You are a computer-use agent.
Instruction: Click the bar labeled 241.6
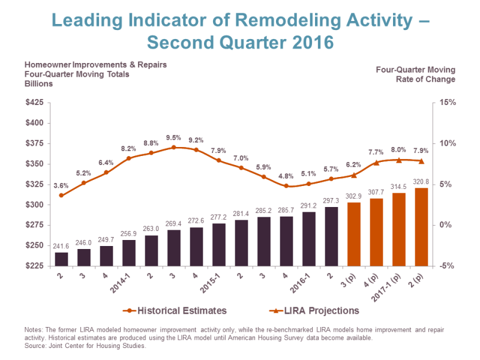[x=61, y=259]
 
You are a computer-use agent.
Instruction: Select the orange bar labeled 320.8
[x=421, y=227]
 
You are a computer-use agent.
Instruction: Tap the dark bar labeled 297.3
[x=331, y=236]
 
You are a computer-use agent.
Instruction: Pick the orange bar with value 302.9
[x=354, y=234]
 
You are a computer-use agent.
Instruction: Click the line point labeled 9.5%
[x=173, y=147]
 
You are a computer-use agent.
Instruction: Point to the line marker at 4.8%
[x=286, y=186]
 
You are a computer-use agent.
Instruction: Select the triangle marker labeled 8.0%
[x=399, y=160]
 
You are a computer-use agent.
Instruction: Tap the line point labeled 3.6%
[x=61, y=196]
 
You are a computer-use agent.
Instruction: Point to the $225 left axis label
[x=35, y=266]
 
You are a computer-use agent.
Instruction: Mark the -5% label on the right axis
[x=447, y=266]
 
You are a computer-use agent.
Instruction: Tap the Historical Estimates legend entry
[x=175, y=311]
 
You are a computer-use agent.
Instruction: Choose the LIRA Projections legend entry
[x=314, y=311]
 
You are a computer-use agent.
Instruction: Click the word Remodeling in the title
[x=288, y=20]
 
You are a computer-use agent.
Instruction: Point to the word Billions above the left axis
[x=38, y=84]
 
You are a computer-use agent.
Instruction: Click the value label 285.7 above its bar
[x=286, y=211]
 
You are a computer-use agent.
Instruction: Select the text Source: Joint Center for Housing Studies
[x=85, y=346]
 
